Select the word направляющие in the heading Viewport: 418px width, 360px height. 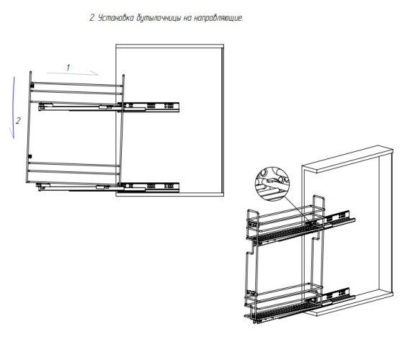tap(218, 19)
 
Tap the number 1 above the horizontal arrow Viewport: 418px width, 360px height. tap(68, 68)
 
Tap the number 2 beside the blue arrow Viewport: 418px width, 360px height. tap(18, 121)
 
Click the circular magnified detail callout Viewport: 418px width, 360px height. tap(272, 184)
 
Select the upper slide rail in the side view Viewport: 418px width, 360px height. tap(109, 107)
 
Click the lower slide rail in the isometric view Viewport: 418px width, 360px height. tap(339, 297)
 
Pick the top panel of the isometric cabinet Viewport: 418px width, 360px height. tap(347, 159)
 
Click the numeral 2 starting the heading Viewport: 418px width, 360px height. tap(92, 19)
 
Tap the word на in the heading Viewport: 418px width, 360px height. tap(187, 19)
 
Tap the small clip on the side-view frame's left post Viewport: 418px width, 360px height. tap(32, 86)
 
